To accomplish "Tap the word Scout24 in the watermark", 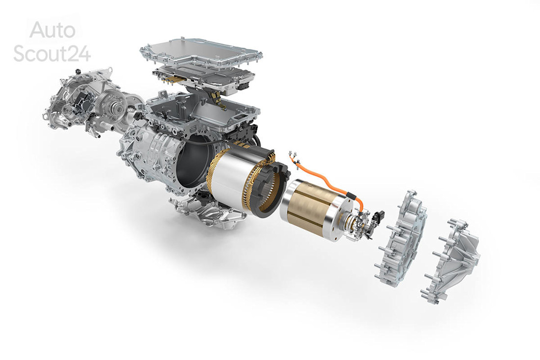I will point(52,53).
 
